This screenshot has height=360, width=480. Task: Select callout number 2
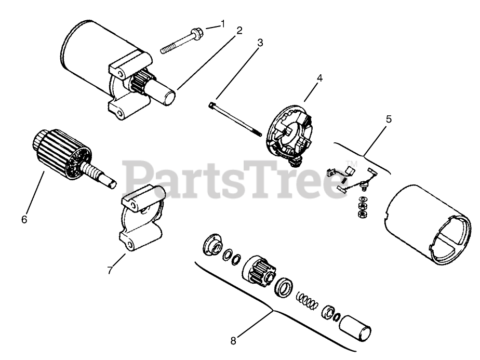(x=239, y=30)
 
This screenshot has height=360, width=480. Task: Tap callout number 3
(x=260, y=43)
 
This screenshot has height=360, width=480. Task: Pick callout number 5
(x=389, y=119)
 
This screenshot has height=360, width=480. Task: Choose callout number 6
(x=24, y=219)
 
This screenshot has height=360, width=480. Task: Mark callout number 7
(x=110, y=270)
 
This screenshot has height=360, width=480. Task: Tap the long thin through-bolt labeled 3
(x=236, y=119)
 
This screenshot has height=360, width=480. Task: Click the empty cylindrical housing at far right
(x=426, y=223)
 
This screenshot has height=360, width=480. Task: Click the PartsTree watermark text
(x=229, y=179)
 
